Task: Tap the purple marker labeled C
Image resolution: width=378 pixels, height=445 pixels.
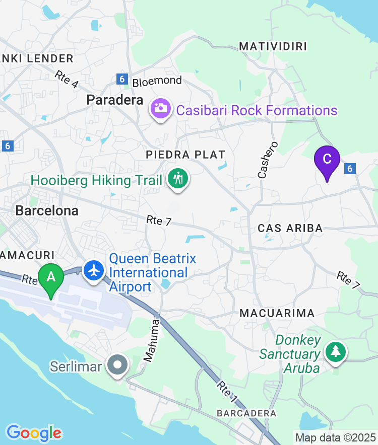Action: [x=327, y=160]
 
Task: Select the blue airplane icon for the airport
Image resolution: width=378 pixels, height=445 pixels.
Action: [x=93, y=270]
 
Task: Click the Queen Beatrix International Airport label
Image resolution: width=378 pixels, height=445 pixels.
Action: [x=152, y=273]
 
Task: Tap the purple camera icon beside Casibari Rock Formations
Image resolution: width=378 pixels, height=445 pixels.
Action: [x=160, y=108]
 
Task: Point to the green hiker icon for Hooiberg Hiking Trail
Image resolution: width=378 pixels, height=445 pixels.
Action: [x=177, y=179]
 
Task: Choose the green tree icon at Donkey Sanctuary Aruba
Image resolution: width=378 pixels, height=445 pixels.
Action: [x=335, y=351]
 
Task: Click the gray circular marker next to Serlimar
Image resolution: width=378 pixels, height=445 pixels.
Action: [x=118, y=366]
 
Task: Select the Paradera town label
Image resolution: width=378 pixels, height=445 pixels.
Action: [x=115, y=100]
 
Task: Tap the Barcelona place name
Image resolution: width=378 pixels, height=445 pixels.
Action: [x=47, y=210]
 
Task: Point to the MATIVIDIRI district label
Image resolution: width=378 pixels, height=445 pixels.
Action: [x=273, y=47]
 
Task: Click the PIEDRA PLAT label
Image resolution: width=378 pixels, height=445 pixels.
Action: [x=185, y=155]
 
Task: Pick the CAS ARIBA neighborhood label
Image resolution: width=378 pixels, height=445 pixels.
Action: [x=290, y=228]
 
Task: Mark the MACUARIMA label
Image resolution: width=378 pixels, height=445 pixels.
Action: [x=277, y=313]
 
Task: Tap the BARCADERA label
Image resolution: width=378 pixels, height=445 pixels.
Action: [x=246, y=413]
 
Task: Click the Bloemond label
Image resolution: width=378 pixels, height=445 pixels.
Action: [x=157, y=81]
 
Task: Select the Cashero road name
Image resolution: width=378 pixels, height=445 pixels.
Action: [x=267, y=160]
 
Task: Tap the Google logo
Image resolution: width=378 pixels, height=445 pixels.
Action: [x=34, y=432]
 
